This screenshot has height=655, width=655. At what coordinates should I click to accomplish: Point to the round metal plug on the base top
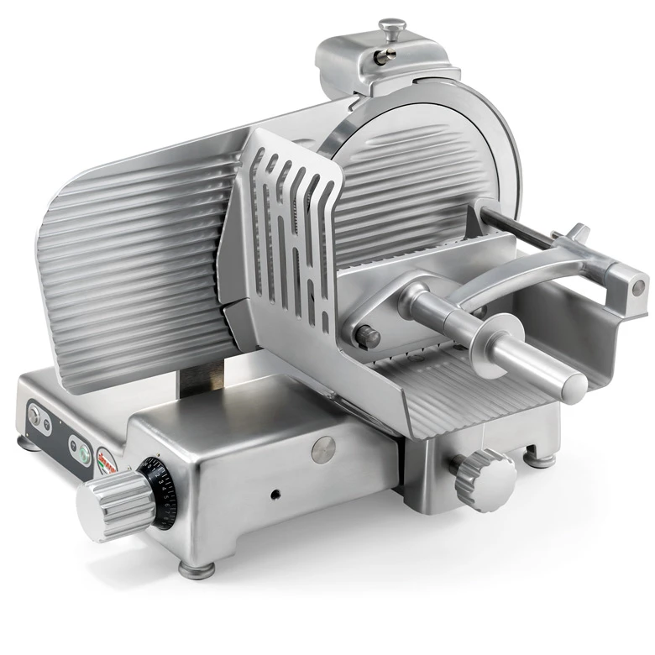(323, 448)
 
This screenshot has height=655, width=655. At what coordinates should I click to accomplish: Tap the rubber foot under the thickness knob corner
(191, 569)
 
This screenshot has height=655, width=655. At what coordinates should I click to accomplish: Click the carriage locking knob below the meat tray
(483, 474)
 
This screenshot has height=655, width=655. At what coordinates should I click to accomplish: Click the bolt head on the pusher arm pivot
(366, 337)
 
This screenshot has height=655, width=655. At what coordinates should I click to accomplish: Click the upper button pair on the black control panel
(38, 414)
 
